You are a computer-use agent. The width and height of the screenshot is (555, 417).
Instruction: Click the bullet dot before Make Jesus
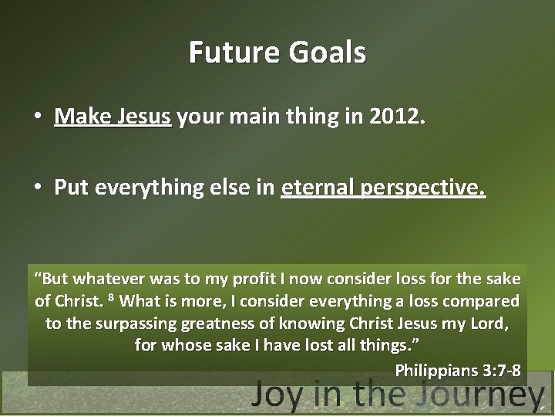37,118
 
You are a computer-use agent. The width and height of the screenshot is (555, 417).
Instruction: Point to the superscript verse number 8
111,298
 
